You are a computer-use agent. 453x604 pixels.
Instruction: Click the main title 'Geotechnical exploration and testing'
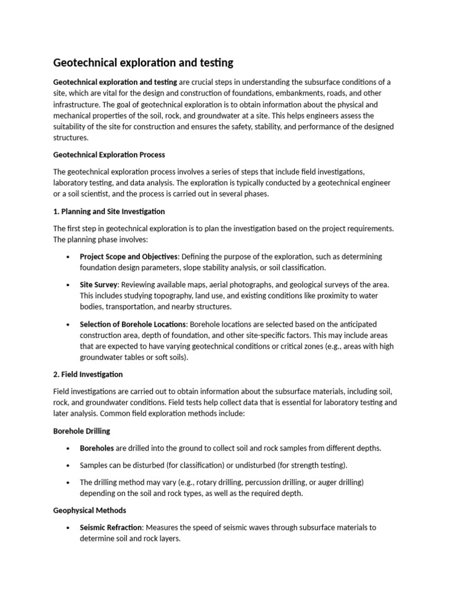click(x=143, y=62)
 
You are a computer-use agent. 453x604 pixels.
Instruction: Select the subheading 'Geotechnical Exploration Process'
click(x=109, y=155)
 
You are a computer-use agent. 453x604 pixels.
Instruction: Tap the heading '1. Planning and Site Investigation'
click(x=109, y=211)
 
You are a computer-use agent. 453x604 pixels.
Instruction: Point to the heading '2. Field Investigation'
click(x=88, y=374)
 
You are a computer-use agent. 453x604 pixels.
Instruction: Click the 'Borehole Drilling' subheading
click(x=81, y=431)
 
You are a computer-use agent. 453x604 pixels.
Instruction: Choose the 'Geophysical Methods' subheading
click(x=90, y=510)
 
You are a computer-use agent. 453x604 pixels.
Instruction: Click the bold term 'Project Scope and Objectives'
click(x=128, y=257)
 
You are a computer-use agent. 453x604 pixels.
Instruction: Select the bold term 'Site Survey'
click(x=99, y=284)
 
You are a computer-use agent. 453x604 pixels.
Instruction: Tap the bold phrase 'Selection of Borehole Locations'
click(x=133, y=324)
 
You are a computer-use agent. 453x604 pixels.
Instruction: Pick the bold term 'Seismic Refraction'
click(x=111, y=527)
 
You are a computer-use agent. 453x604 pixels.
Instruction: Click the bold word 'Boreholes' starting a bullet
click(x=97, y=448)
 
